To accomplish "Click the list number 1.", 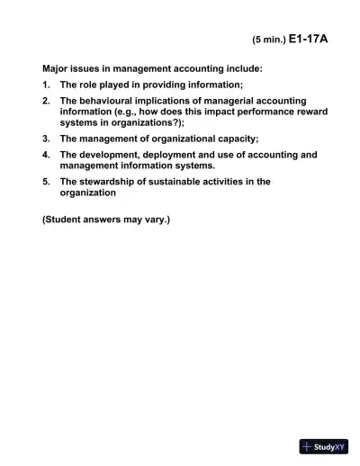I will tap(46, 84).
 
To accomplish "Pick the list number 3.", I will tap(46, 139).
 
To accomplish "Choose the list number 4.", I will tap(46, 155).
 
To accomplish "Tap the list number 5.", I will tap(46, 182).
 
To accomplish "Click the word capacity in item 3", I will tap(236, 139).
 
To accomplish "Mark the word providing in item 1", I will tap(161, 84).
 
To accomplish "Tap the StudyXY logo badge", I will tap(324, 447).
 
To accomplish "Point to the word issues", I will tap(90, 67).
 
